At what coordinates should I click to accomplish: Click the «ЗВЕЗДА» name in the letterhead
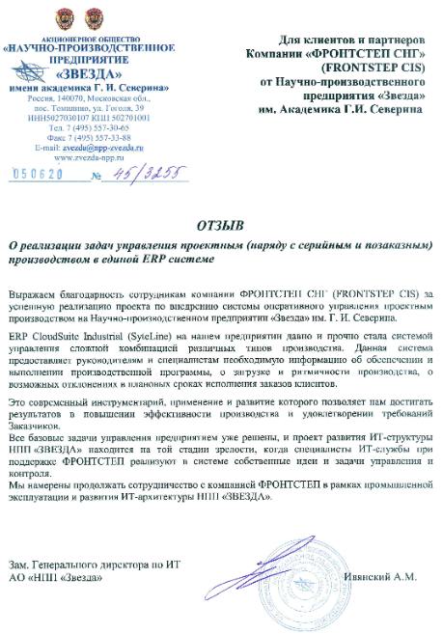[x=88, y=73]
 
